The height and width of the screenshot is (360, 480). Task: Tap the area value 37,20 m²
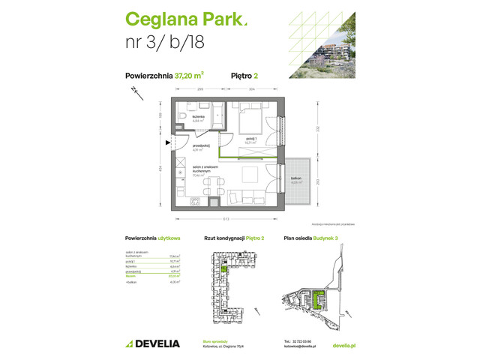190,74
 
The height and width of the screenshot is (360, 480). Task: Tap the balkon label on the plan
296,178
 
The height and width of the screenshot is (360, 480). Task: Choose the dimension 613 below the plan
228,219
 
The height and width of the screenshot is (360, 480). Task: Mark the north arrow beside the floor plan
133,91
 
